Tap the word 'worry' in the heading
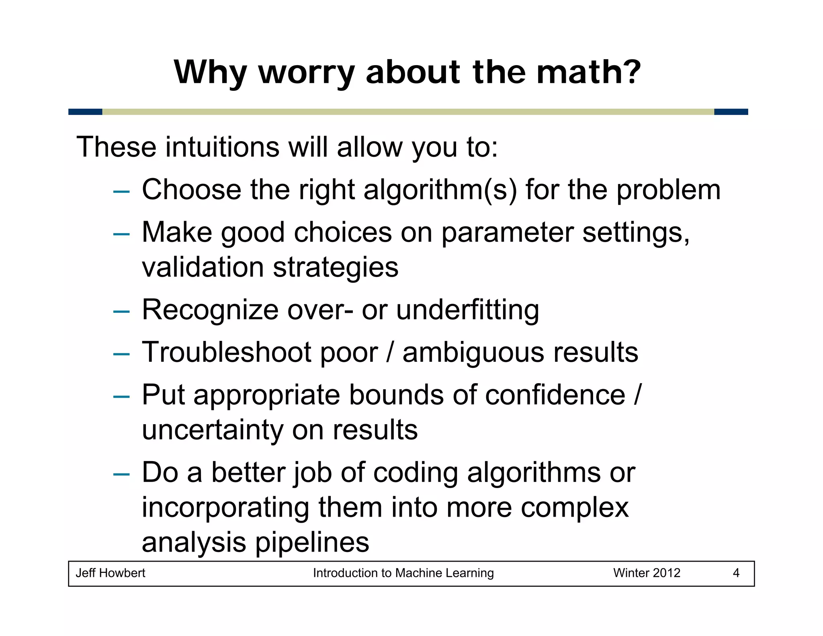click(x=306, y=73)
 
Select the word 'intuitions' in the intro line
click(x=222, y=147)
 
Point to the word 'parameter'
click(x=507, y=232)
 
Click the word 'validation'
click(x=203, y=267)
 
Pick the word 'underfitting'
click(x=467, y=310)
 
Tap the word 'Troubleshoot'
click(x=226, y=353)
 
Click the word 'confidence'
click(x=555, y=395)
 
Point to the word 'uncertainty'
click(x=213, y=430)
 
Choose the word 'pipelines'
click(x=312, y=542)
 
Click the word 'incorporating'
click(x=225, y=507)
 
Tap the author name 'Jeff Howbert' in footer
click(x=111, y=573)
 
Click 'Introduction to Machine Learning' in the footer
click(x=403, y=573)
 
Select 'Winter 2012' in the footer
click(x=647, y=573)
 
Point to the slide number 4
click(x=736, y=573)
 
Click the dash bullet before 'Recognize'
click(x=121, y=312)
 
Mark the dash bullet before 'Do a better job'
click(x=121, y=474)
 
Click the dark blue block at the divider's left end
click(x=85, y=112)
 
